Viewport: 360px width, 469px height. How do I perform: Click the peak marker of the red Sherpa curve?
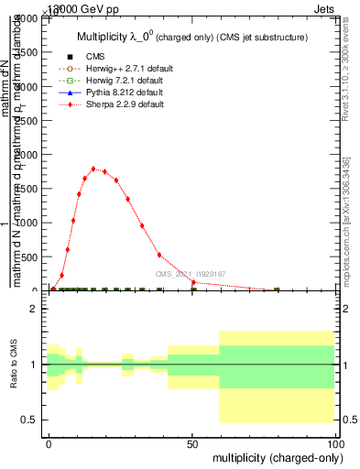click(x=93, y=169)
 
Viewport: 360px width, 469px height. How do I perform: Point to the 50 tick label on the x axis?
click(x=192, y=442)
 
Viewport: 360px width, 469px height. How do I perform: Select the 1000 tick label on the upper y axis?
click(x=27, y=224)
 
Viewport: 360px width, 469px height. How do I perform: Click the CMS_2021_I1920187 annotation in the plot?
click(x=190, y=274)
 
